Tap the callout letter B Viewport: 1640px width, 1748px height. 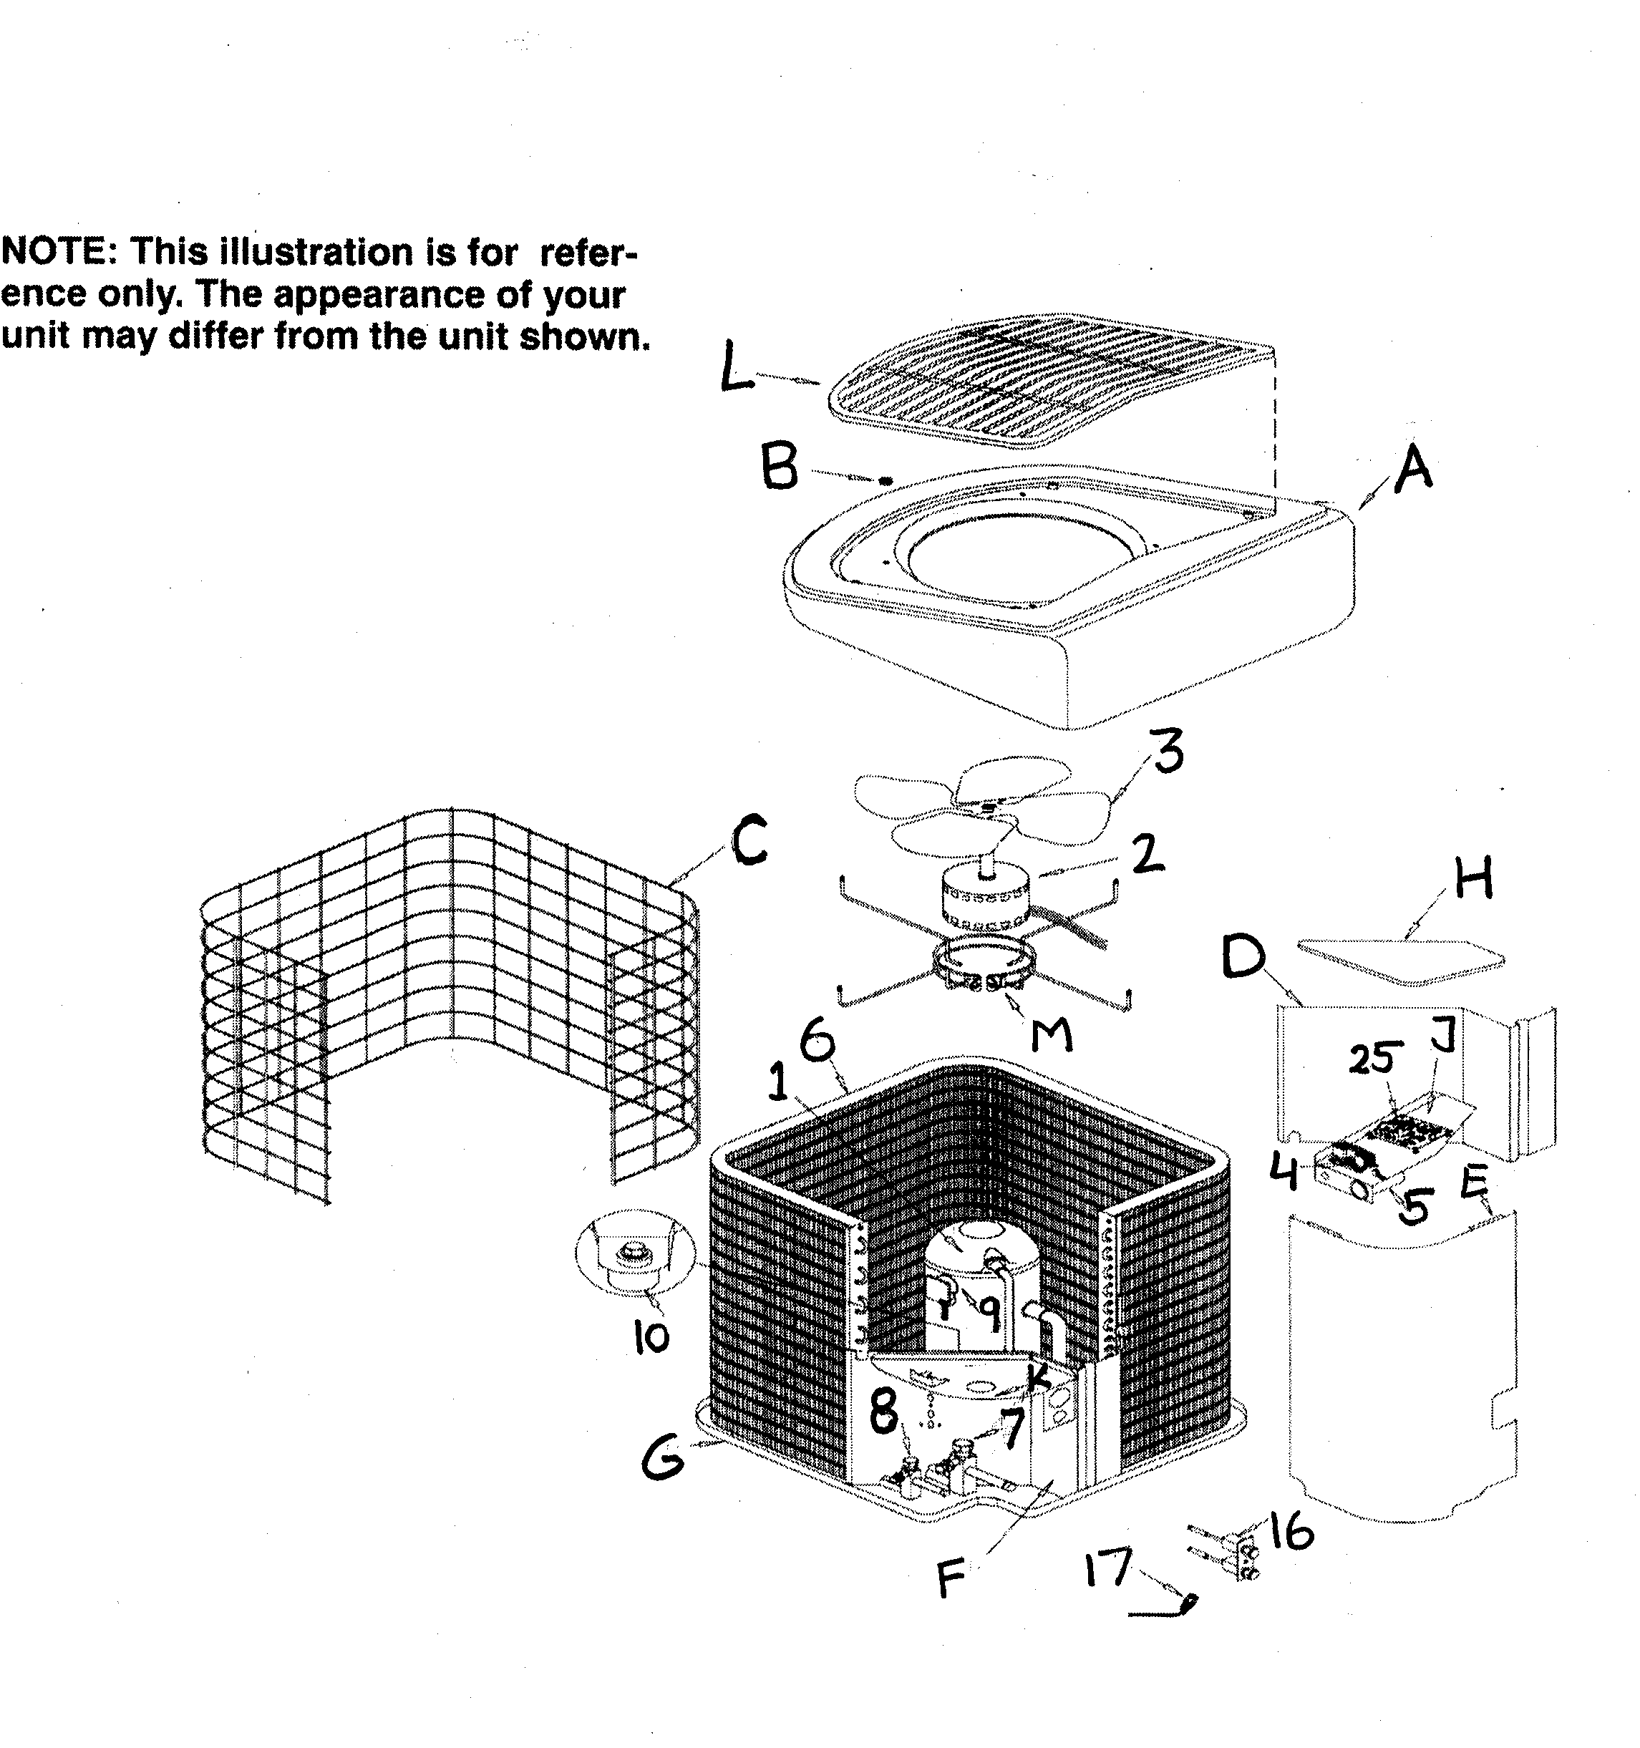[781, 467]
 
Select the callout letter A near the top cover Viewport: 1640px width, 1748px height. [1413, 469]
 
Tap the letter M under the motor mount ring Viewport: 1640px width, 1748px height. [1052, 1035]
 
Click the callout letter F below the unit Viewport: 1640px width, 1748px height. [951, 1578]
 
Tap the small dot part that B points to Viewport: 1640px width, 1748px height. [885, 481]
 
